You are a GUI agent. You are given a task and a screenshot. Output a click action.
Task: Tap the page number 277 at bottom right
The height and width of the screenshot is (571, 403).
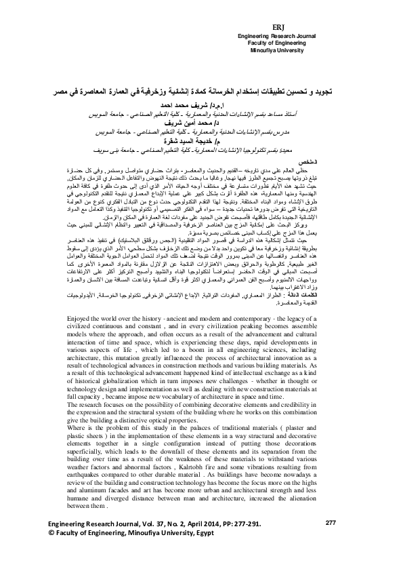[331, 541]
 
